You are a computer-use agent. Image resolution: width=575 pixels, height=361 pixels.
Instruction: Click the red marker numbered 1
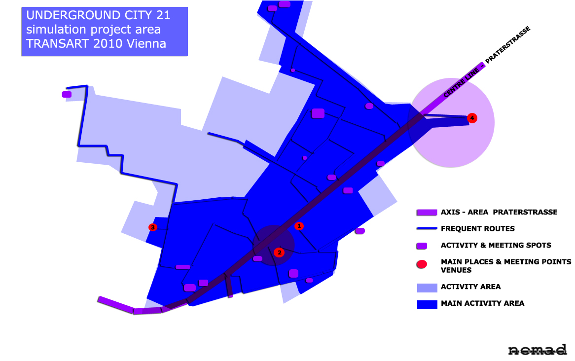pyautogui.click(x=298, y=226)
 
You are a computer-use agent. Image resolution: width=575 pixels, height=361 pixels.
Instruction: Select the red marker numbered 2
pyautogui.click(x=279, y=252)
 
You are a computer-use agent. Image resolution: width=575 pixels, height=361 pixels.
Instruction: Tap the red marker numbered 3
pyautogui.click(x=153, y=227)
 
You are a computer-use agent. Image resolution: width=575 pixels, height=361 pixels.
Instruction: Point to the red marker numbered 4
pyautogui.click(x=472, y=118)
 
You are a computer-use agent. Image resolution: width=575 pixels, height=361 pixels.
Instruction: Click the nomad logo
pyautogui.click(x=537, y=350)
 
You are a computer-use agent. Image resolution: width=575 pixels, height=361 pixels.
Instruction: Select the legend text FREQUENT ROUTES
pyautogui.click(x=477, y=229)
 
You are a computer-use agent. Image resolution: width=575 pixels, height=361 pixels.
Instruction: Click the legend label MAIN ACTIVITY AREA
pyautogui.click(x=482, y=303)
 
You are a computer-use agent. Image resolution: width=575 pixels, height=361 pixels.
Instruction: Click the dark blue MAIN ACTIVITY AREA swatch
pyautogui.click(x=427, y=304)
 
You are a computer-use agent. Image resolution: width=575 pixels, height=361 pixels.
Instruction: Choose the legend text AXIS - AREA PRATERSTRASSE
pyautogui.click(x=499, y=212)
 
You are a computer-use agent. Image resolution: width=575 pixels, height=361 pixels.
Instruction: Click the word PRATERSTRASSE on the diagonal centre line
pyautogui.click(x=508, y=45)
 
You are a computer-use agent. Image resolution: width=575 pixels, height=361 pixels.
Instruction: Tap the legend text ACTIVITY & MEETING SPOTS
pyautogui.click(x=496, y=245)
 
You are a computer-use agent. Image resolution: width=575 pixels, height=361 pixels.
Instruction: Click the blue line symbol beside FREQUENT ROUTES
pyautogui.click(x=427, y=229)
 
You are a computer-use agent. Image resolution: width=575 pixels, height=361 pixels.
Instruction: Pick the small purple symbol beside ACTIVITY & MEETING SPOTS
pyautogui.click(x=422, y=246)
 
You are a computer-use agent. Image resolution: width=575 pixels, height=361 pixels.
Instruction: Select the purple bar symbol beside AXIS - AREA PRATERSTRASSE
pyautogui.click(x=427, y=213)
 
